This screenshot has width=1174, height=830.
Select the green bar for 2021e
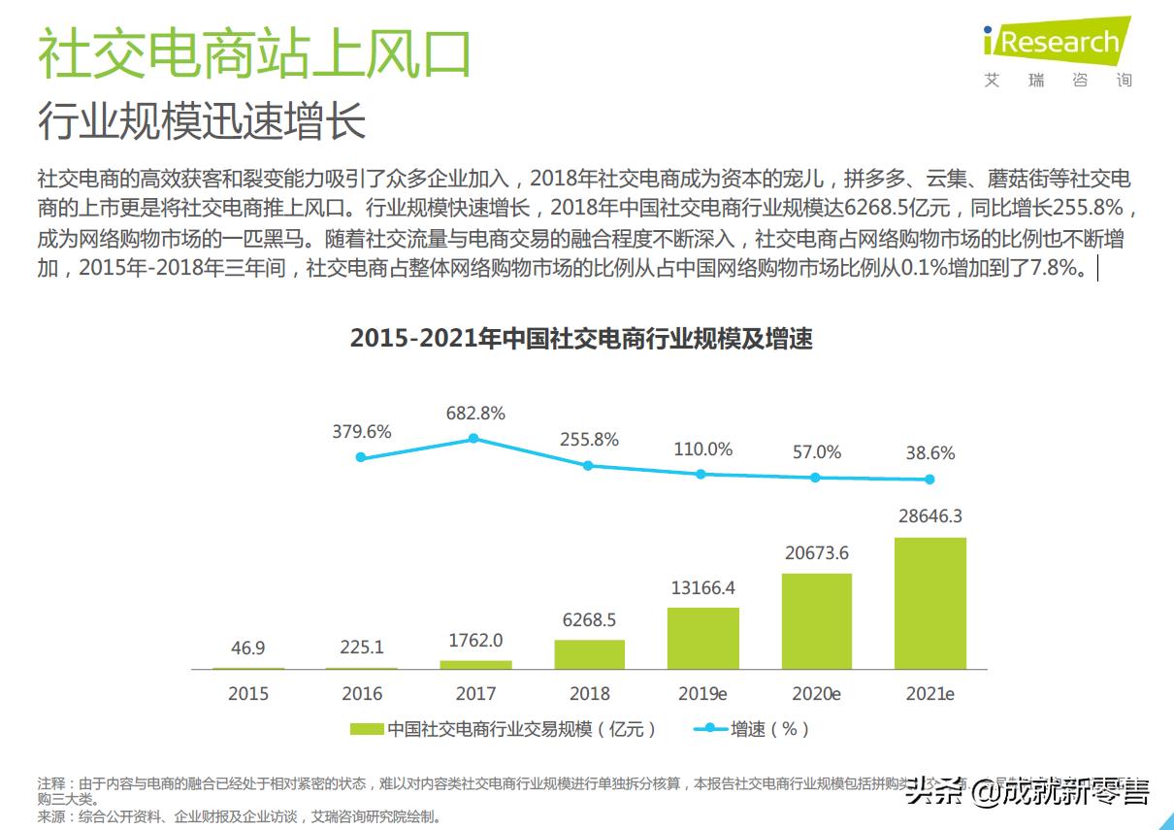click(x=929, y=603)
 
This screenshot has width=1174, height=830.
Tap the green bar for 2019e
click(x=702, y=638)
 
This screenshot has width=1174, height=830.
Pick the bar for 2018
click(x=589, y=654)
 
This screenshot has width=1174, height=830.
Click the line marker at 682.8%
click(x=473, y=438)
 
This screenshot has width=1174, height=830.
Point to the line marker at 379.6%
click(x=361, y=457)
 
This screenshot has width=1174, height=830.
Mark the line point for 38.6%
click(x=929, y=479)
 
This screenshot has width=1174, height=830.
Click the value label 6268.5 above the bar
click(x=589, y=619)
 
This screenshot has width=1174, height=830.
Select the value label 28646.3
click(x=929, y=516)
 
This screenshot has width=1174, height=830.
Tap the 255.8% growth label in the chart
click(x=589, y=440)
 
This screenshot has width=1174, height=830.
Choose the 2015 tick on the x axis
click(x=248, y=694)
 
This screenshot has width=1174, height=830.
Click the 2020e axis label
click(x=816, y=694)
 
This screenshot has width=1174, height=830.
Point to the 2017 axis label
click(x=475, y=694)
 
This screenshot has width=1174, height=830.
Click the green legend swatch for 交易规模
click(x=366, y=728)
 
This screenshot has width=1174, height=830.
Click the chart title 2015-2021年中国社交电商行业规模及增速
click(x=580, y=339)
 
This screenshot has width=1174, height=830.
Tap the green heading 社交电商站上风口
click(x=254, y=54)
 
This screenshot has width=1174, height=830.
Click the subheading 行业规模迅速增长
click(x=202, y=122)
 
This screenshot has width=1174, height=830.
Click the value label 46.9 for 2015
click(x=248, y=647)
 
